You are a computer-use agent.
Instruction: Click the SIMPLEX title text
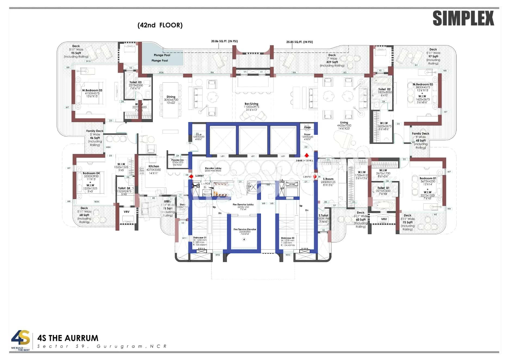pos(463,18)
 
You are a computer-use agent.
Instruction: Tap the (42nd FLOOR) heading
pos(160,25)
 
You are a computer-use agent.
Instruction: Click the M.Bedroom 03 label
pos(92,90)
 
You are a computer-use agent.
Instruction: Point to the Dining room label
pos(171,97)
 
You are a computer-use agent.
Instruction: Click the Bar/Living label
pos(251,104)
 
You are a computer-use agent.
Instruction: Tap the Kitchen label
pos(154,166)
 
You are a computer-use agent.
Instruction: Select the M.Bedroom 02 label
pos(422,84)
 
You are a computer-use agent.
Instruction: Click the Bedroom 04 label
pos(91,173)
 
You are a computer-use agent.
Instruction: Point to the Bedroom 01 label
pos(427,178)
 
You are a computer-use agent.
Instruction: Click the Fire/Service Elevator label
pos(245,229)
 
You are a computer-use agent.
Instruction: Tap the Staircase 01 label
pos(200,238)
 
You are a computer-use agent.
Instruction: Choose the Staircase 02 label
pos(287,238)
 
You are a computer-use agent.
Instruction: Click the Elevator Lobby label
pos(213,168)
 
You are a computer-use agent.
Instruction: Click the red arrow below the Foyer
pos(307,155)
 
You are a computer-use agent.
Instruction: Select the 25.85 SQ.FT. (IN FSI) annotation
pos(299,42)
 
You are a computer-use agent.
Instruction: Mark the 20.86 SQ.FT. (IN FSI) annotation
pos(224,41)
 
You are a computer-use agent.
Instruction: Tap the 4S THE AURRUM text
pos(68,338)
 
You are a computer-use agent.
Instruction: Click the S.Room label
pos(328,179)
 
